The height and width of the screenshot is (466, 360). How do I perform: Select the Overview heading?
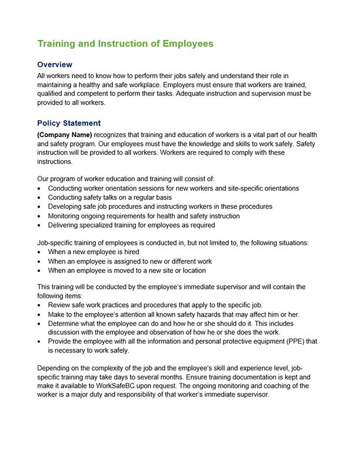[55, 64]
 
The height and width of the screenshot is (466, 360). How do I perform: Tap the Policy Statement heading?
[69, 124]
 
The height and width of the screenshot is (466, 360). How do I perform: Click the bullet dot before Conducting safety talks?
[39, 198]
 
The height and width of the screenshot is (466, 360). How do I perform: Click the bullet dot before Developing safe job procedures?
[39, 207]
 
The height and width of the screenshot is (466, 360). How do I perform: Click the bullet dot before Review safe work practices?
[39, 305]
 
